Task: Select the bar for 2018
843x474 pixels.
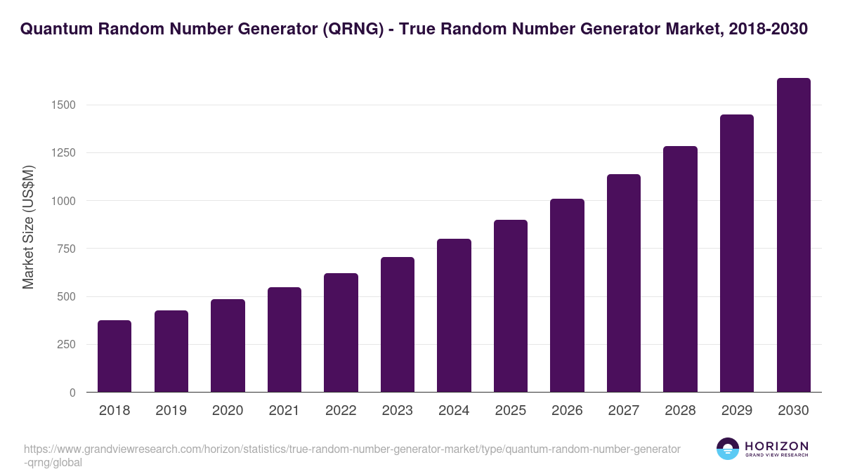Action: click(x=115, y=356)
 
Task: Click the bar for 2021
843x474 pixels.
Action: click(x=284, y=340)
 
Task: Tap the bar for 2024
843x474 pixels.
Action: click(x=454, y=315)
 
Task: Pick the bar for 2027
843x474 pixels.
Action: click(x=624, y=283)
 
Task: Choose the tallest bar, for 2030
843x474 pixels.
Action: click(x=793, y=235)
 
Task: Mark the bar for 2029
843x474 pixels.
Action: click(x=737, y=254)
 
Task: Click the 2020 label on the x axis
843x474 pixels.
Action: click(x=228, y=411)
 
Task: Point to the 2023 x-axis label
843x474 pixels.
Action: click(x=398, y=411)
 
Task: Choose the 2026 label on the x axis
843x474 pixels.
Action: click(x=567, y=411)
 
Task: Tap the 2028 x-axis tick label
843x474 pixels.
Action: click(x=680, y=411)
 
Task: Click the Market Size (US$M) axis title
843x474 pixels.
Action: click(x=28, y=227)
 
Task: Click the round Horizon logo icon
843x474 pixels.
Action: click(x=728, y=449)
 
